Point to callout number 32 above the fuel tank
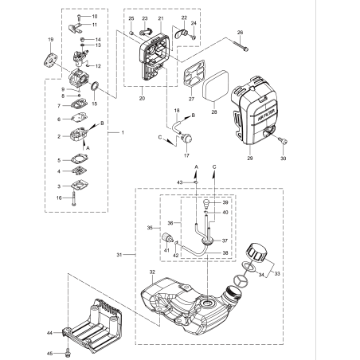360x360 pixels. pos(152,272)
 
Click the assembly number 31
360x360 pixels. pos(120,254)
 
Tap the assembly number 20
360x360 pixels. pos(142,99)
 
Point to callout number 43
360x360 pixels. pos(158,182)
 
